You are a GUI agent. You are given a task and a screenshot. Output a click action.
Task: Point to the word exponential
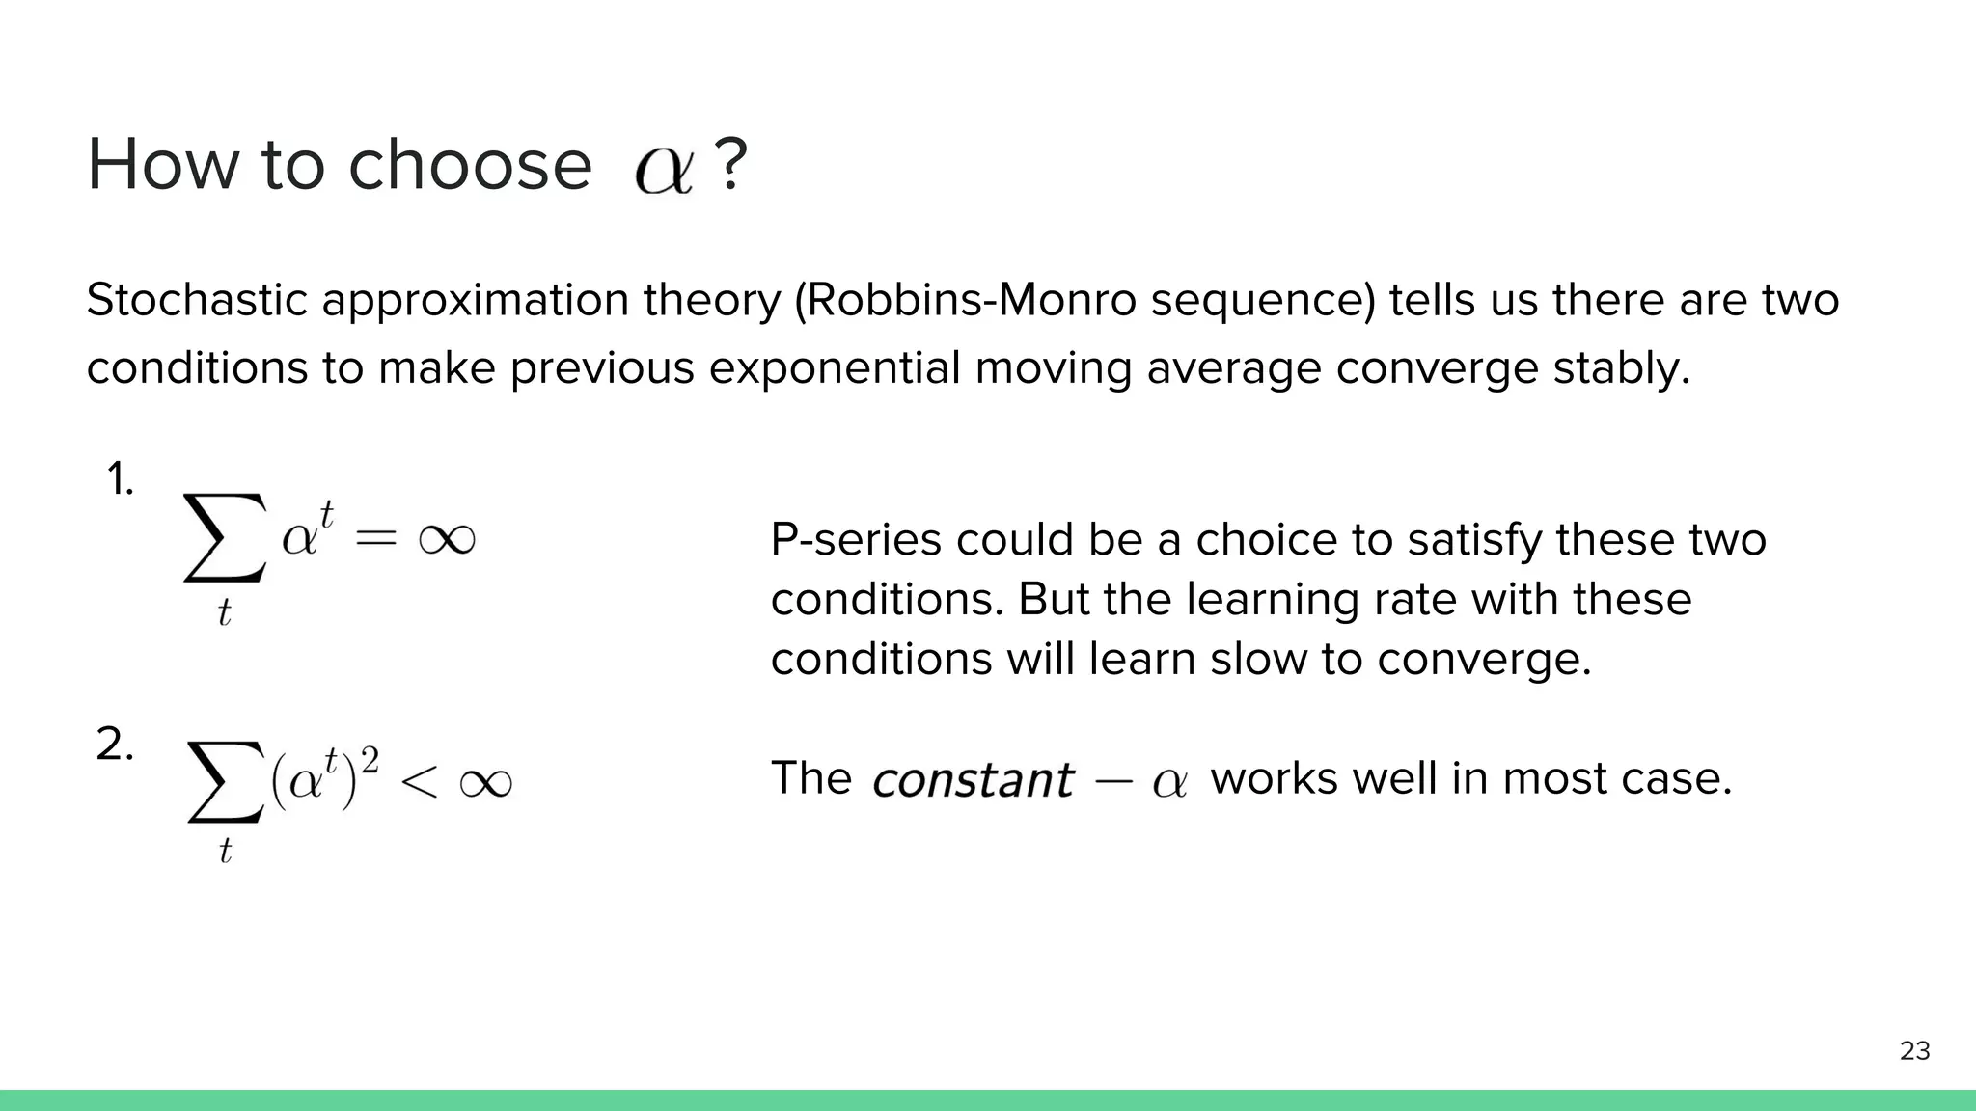pyautogui.click(x=835, y=367)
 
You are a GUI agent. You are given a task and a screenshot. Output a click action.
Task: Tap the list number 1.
pyautogui.click(x=120, y=479)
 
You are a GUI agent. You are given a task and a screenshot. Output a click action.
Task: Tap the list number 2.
pyautogui.click(x=115, y=745)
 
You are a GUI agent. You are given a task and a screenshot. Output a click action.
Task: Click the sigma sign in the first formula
pyautogui.click(x=224, y=538)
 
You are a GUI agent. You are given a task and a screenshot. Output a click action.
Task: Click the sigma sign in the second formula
pyautogui.click(x=226, y=782)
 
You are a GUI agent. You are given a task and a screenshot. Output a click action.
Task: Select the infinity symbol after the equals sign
pyautogui.click(x=447, y=538)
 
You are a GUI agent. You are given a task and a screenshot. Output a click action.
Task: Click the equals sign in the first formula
pyautogui.click(x=375, y=539)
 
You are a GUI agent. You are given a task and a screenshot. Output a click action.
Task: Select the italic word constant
pyautogui.click(x=973, y=779)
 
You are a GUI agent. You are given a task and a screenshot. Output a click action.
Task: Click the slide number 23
pyautogui.click(x=1914, y=1050)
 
